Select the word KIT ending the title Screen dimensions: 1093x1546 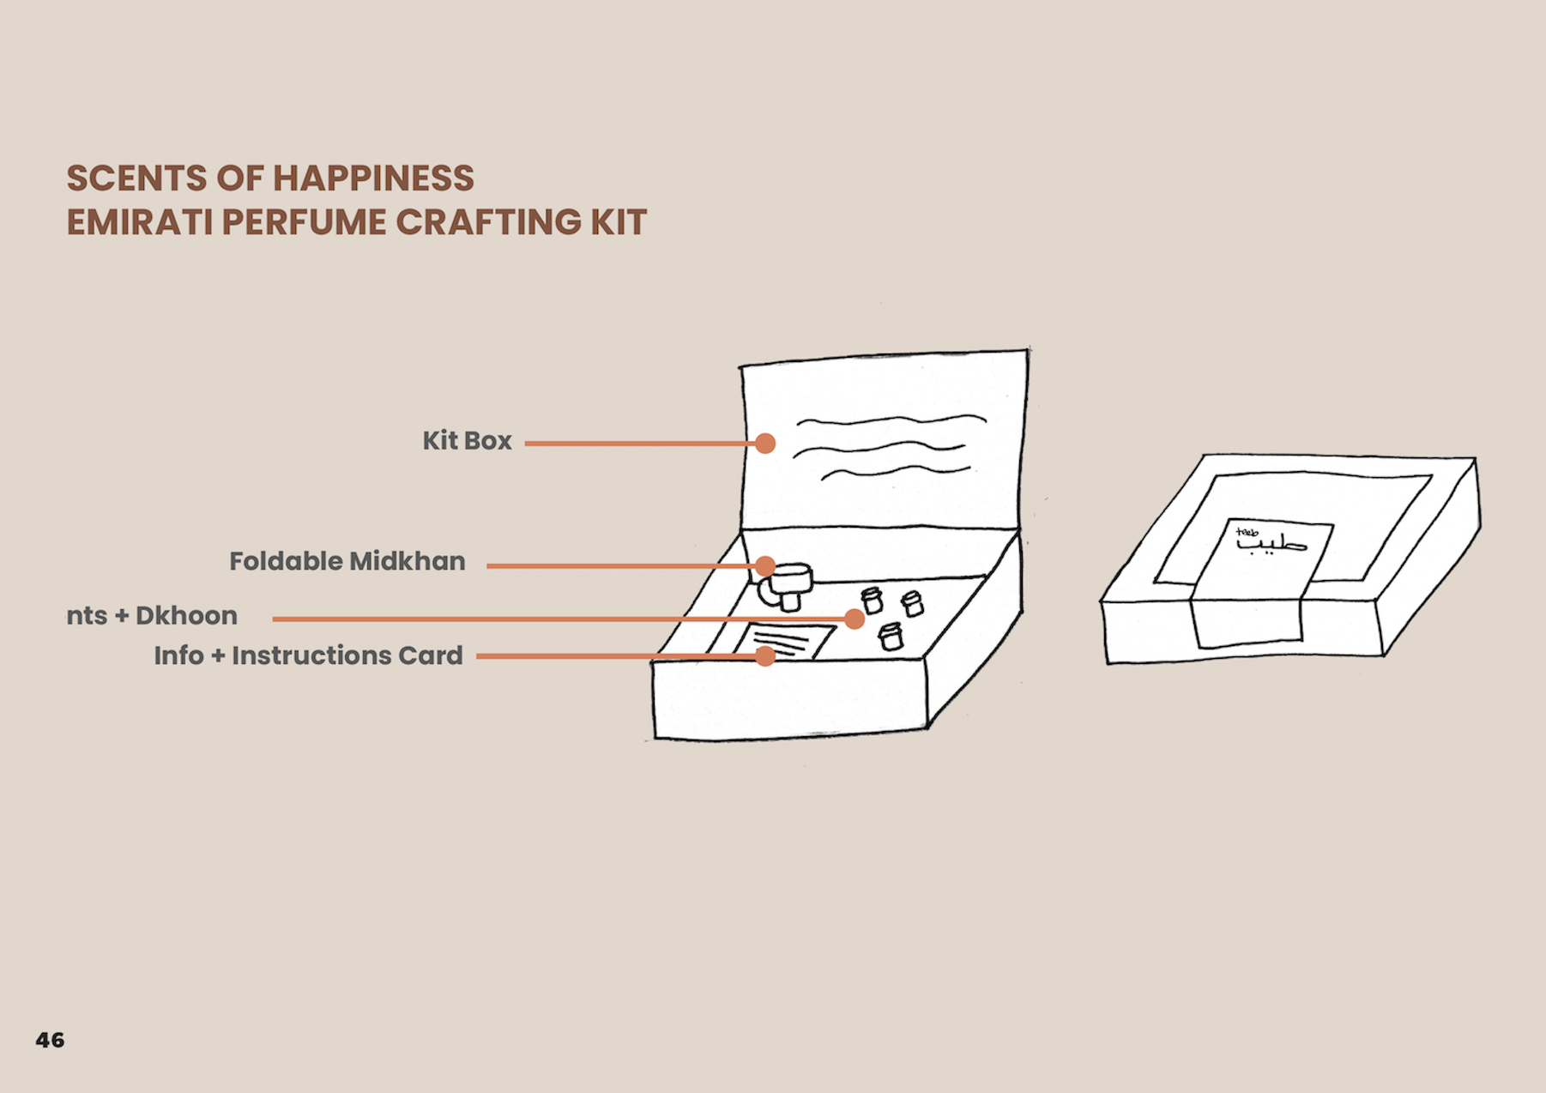pos(618,222)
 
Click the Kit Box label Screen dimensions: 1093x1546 pos(467,441)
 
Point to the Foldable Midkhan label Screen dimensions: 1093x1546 pos(347,561)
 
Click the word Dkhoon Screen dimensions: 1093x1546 pos(186,616)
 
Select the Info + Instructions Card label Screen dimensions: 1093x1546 pos(308,655)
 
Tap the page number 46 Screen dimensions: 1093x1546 pos(50,1040)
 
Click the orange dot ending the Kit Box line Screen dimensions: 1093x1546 pos(765,443)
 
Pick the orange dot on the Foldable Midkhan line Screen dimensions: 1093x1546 pos(765,565)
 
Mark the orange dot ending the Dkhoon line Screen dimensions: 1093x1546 pos(854,619)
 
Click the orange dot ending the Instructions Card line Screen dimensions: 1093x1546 pos(765,656)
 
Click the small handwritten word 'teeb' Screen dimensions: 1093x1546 pos(1247,532)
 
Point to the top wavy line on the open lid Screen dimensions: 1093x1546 pos(892,420)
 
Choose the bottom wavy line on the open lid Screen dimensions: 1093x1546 pos(896,471)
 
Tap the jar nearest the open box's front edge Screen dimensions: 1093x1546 pos(891,636)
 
